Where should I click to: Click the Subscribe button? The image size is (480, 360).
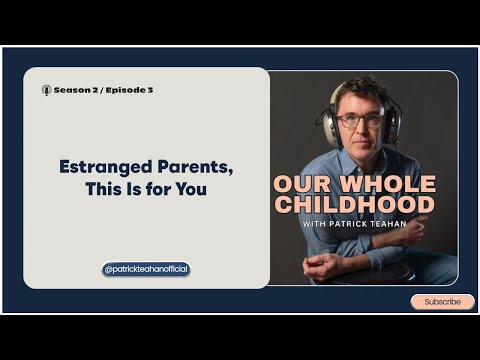[x=442, y=301]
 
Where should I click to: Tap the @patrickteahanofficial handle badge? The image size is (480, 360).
[x=146, y=269]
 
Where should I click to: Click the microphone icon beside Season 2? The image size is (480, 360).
[x=46, y=90]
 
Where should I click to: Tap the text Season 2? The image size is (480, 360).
[x=76, y=90]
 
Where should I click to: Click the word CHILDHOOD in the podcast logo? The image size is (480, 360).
[x=357, y=205]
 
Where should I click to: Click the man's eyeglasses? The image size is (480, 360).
[x=361, y=120]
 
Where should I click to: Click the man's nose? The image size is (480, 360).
[x=360, y=130]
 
